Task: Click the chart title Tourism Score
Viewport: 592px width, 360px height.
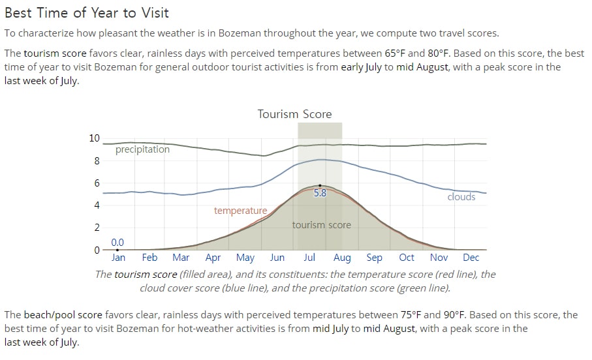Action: click(x=294, y=114)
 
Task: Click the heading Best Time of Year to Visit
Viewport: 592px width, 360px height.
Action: click(x=86, y=13)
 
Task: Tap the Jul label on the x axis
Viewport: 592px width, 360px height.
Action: click(x=309, y=258)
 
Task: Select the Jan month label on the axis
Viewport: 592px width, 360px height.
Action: click(x=118, y=258)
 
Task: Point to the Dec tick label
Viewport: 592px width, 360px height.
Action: click(x=471, y=258)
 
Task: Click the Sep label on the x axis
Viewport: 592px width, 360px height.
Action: click(x=374, y=258)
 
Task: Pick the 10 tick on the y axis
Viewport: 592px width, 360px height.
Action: click(x=95, y=138)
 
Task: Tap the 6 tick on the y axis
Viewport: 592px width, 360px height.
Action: click(x=97, y=183)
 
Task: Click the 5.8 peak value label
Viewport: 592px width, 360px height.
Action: click(x=320, y=193)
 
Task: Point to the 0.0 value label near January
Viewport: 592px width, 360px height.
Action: click(x=117, y=242)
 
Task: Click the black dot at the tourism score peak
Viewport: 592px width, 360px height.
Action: click(x=320, y=186)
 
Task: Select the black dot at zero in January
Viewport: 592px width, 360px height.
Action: click(x=117, y=250)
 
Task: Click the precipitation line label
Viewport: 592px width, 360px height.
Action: click(x=142, y=149)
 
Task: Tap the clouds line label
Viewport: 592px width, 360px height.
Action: click(x=461, y=196)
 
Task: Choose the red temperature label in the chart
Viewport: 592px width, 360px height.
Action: click(x=240, y=211)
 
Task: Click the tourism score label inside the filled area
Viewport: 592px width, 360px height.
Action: click(x=322, y=225)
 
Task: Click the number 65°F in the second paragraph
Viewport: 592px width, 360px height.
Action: click(x=395, y=53)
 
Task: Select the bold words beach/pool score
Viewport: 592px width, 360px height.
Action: click(x=63, y=315)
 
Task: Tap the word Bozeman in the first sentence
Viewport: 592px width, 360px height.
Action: click(x=240, y=33)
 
